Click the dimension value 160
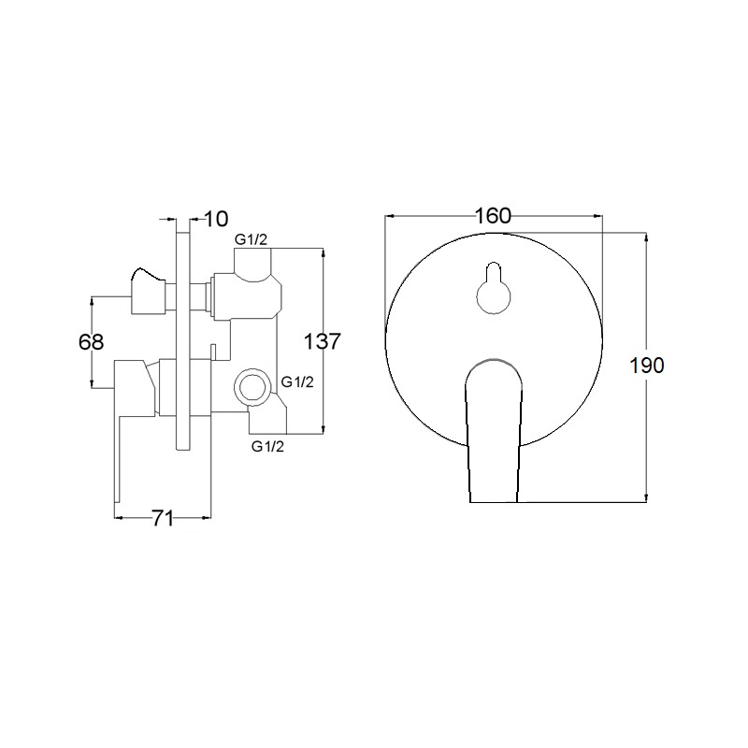(493, 216)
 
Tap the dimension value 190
(647, 366)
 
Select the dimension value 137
(323, 341)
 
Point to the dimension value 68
(91, 342)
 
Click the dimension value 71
(163, 518)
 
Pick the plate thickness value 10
(216, 219)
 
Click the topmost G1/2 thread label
(251, 240)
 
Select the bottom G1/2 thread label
(267, 447)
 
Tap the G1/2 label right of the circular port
(297, 382)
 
